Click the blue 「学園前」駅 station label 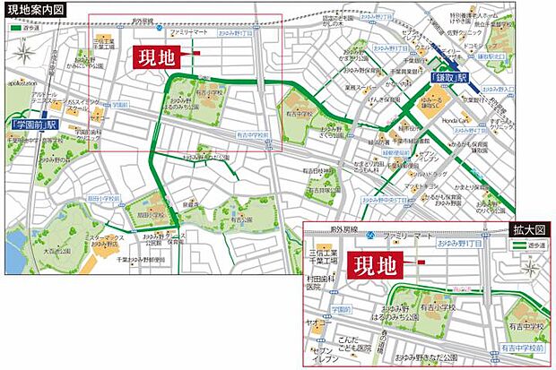click(x=34, y=125)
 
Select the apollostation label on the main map click(x=25, y=82)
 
